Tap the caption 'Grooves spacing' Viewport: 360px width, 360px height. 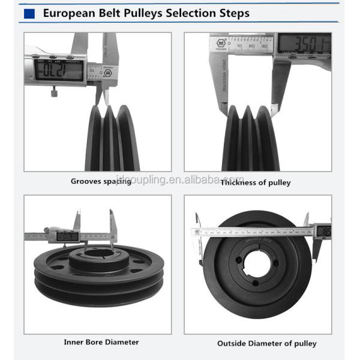(101, 181)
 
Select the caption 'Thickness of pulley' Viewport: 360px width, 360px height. (255, 182)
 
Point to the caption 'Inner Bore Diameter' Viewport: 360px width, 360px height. (101, 342)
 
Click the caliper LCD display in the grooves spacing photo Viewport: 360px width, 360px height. (59, 70)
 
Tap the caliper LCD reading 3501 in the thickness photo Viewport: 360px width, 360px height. (304, 44)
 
